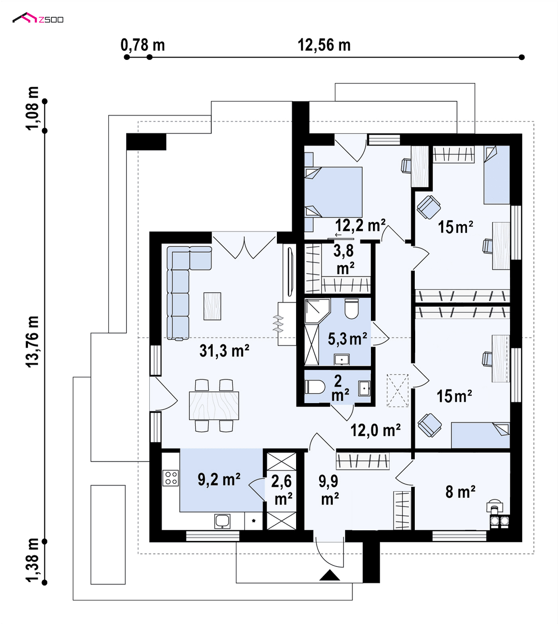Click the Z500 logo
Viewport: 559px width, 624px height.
point(38,18)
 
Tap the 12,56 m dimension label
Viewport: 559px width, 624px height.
point(324,45)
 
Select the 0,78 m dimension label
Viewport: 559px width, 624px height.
point(143,45)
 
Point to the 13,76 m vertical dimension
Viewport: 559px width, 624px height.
point(32,341)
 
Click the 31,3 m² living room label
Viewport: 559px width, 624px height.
point(224,351)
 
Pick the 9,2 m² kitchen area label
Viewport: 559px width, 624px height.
point(219,479)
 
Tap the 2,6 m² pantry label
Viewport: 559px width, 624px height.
point(282,490)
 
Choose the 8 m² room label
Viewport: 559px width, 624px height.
point(460,492)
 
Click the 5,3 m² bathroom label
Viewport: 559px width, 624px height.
point(347,339)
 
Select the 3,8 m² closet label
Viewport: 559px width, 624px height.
point(344,260)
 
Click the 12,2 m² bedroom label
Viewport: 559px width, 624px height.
point(360,225)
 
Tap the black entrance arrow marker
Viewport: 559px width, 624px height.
point(330,575)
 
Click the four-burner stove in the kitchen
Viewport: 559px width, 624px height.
point(171,478)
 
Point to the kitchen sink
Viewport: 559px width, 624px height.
point(222,521)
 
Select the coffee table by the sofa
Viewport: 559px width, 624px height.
point(212,306)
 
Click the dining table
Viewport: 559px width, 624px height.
point(214,406)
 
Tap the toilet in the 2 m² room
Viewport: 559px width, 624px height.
point(315,387)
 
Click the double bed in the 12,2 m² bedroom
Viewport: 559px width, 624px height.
point(333,192)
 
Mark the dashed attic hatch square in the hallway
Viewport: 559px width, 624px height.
point(398,390)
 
